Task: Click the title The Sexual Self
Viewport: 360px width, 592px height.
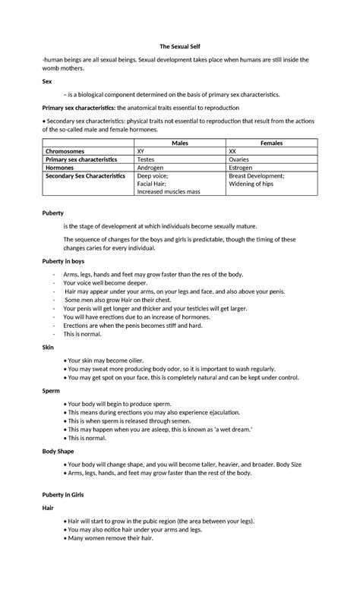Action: (x=180, y=46)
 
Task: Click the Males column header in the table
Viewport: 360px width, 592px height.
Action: (x=180, y=143)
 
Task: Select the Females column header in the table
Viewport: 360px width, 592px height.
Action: (x=271, y=143)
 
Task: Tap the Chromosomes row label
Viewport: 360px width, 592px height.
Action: (x=67, y=151)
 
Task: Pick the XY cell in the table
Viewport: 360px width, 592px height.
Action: (x=141, y=151)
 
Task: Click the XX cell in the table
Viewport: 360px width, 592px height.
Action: (x=233, y=151)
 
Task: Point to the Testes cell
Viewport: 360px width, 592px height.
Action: (x=146, y=159)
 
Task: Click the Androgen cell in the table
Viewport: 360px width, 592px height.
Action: (x=150, y=168)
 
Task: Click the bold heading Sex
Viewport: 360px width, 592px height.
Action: (x=47, y=80)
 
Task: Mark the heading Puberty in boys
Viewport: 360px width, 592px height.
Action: (x=63, y=260)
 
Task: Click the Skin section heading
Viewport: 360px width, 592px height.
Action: (x=48, y=347)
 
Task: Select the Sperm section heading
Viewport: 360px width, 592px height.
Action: (x=52, y=390)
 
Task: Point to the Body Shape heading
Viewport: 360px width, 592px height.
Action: (x=58, y=450)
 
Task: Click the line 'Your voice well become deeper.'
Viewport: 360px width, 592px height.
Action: (x=110, y=282)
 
